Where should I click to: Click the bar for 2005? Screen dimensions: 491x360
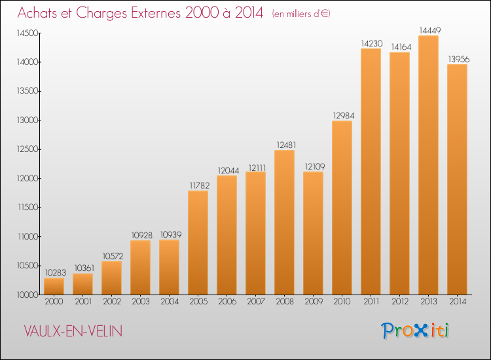coord(198,243)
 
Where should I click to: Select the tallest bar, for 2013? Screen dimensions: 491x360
coord(428,165)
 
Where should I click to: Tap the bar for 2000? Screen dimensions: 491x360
coord(54,286)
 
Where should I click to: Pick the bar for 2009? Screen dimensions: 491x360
coord(313,233)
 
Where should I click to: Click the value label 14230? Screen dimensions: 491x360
coord(372,43)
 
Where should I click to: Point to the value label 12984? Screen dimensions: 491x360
coord(344,116)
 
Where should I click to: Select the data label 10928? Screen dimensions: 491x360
coord(142,236)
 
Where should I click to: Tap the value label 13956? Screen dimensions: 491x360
coord(459,59)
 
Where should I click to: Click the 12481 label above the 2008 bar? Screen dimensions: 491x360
coord(286,145)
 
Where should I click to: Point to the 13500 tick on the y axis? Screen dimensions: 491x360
coord(27,91)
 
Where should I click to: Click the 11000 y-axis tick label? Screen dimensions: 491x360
coord(28,236)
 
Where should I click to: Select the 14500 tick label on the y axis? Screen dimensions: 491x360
coord(27,33)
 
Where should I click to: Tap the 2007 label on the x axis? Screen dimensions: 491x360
coord(256,302)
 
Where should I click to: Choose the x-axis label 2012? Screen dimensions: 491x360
coord(400,302)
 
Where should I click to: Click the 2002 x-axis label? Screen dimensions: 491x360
coord(112,302)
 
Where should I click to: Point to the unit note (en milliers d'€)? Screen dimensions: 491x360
coord(301,14)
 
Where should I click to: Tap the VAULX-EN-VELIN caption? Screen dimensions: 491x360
coord(73,331)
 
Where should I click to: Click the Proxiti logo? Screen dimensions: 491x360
coord(415,331)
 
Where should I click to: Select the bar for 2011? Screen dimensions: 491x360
coord(371,171)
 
